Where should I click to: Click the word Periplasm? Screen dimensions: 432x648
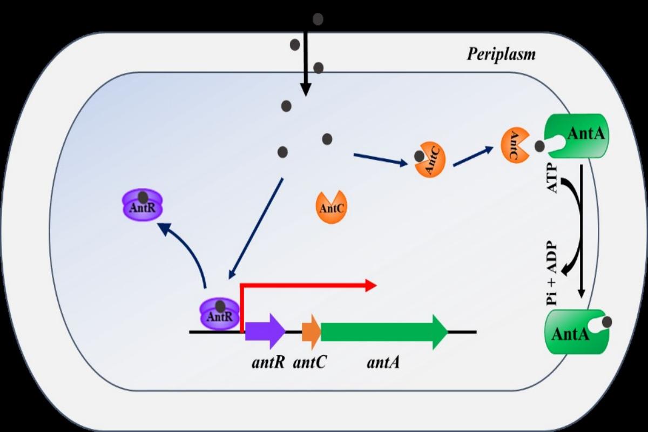coord(501,54)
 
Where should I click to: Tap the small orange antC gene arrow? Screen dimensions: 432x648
coord(311,330)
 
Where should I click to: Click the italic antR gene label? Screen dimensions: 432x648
coord(268,362)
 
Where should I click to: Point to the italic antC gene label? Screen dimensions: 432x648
coord(309,362)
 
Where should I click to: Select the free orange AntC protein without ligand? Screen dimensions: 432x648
coord(330,207)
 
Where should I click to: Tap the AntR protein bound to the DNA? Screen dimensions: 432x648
coord(220,315)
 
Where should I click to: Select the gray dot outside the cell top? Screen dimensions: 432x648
coord(318,19)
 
